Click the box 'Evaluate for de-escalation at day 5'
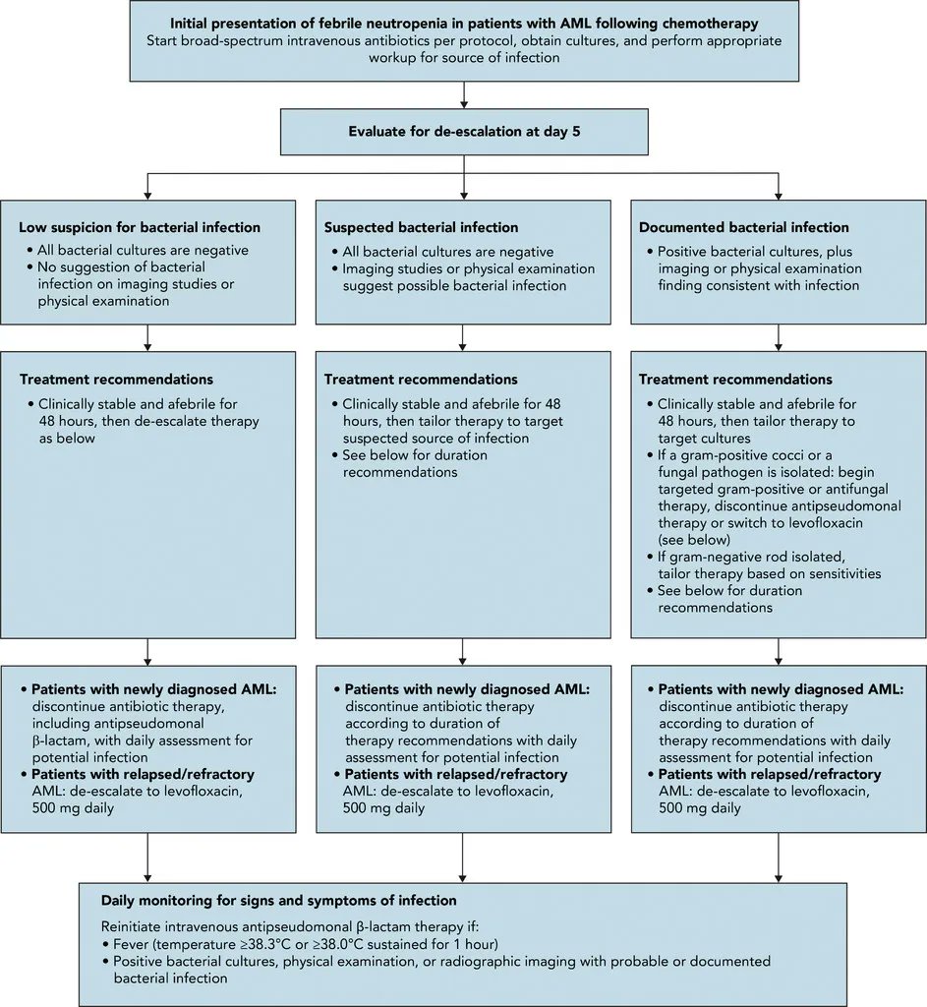coord(464,131)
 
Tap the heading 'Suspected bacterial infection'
coord(421,227)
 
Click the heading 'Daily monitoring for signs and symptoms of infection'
coord(279,900)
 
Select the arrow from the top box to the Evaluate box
coord(464,94)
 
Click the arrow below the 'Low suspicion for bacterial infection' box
coord(147,337)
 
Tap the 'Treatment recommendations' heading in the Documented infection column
coord(735,379)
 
